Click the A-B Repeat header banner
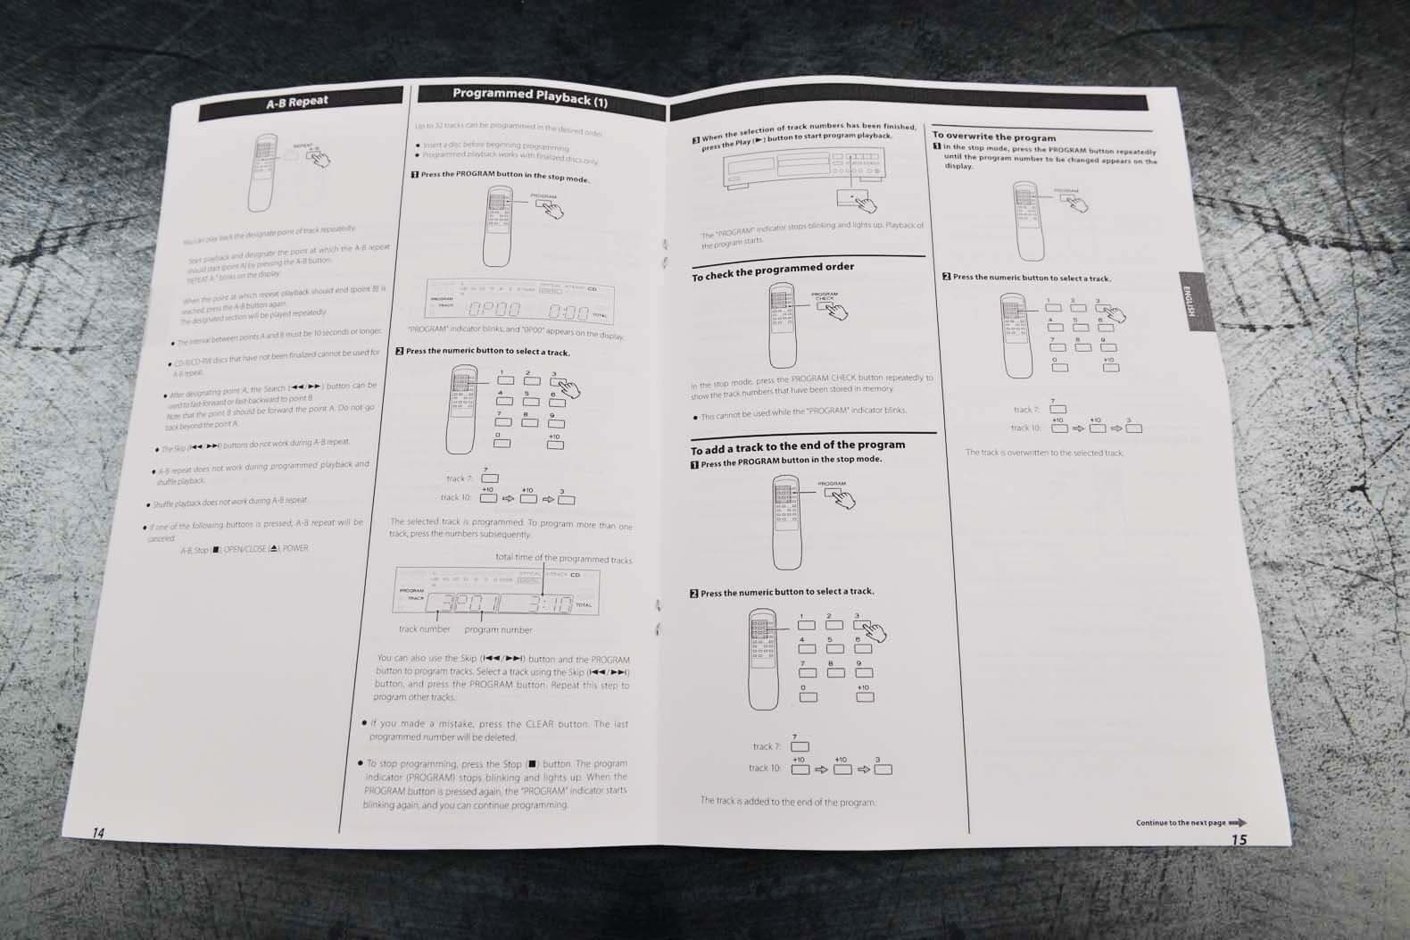coord(297,102)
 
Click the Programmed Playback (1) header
coord(529,96)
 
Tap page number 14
coord(98,833)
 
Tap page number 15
coord(1239,839)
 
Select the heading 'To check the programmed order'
coord(773,270)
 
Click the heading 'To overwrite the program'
coord(993,137)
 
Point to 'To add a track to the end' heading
coord(797,446)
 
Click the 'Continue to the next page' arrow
coord(1237,822)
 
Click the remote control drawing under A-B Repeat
coord(264,173)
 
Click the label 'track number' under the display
coord(424,629)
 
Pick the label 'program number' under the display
coord(498,629)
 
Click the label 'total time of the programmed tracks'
coord(563,559)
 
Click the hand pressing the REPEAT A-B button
coord(318,158)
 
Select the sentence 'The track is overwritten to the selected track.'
coord(1044,453)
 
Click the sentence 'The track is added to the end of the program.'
coord(787,801)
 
